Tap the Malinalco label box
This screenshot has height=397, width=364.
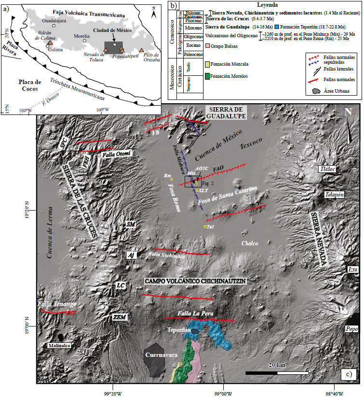pyautogui.click(x=59, y=346)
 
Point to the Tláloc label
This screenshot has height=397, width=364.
pyautogui.click(x=327, y=169)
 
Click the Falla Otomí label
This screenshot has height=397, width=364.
pyautogui.click(x=116, y=154)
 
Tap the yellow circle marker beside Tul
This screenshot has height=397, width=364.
pyautogui.click(x=205, y=227)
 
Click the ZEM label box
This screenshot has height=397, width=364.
pyautogui.click(x=119, y=317)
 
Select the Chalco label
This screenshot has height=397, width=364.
pyautogui.click(x=251, y=244)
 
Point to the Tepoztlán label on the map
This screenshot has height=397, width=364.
pyautogui.click(x=180, y=330)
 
